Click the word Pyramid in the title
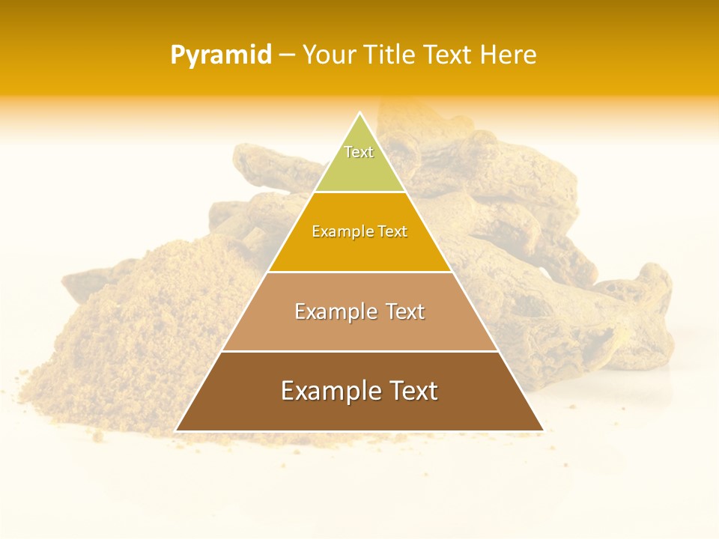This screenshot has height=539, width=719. coord(220,55)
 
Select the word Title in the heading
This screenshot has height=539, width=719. coord(390,55)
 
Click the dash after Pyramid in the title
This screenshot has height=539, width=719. coord(287,55)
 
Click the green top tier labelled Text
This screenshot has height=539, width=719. coord(359,168)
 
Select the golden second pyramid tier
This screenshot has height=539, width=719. coord(359,251)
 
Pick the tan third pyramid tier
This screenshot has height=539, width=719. coord(359,329)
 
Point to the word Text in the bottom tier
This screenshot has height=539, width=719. coord(411,391)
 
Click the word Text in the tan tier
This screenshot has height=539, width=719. coord(405,311)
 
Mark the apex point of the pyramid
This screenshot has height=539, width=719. coord(359,113)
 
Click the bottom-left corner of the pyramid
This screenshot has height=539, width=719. coord(176,430)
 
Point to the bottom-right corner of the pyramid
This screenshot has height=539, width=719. coord(543,430)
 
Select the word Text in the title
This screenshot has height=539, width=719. coord(448,55)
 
